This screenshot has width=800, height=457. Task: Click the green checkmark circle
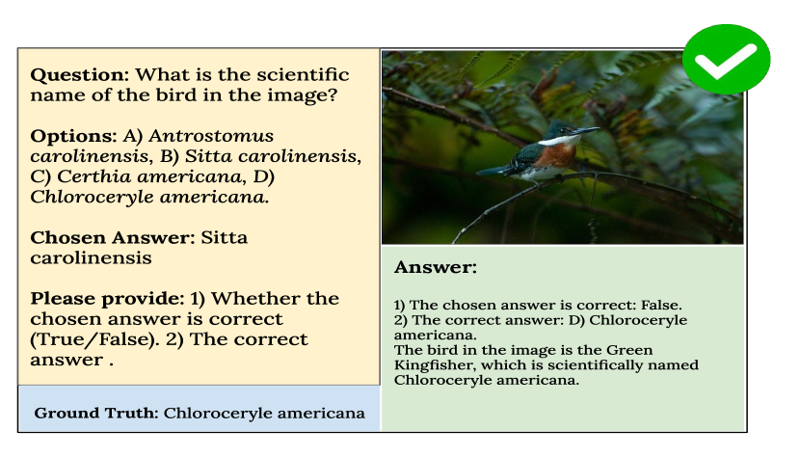[726, 59]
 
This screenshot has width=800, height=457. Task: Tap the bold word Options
[73, 136]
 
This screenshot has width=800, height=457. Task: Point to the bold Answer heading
[436, 267]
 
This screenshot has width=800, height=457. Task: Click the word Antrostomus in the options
[211, 136]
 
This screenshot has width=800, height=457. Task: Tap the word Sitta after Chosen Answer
[224, 238]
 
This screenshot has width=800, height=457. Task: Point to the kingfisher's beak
[586, 131]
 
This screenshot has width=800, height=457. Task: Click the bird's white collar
[559, 141]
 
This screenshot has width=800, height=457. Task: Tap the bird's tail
[493, 171]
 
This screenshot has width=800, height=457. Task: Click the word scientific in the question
[303, 75]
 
